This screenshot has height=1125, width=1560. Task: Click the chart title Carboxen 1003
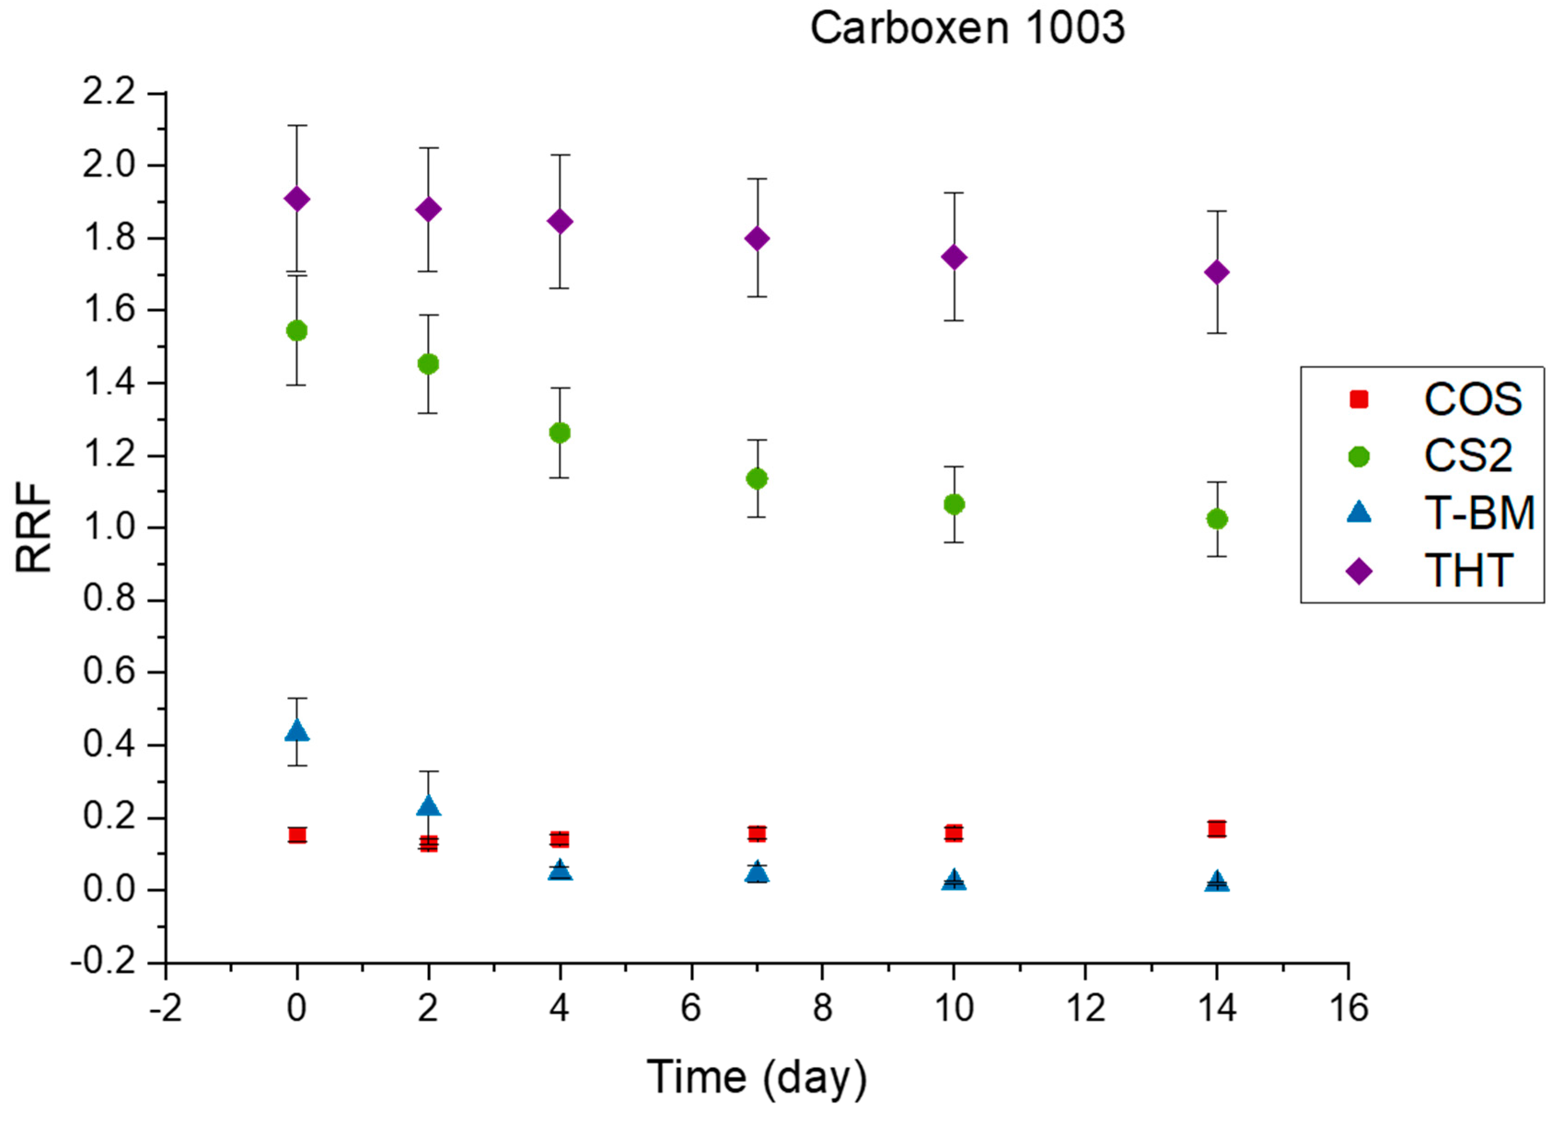pos(967,29)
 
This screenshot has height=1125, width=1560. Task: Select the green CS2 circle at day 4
pos(560,433)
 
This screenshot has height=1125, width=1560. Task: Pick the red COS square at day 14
pos(1217,829)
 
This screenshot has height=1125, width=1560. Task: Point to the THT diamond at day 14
pos(1217,273)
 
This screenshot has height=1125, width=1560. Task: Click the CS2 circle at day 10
pos(953,505)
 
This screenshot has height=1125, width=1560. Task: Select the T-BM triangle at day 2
pos(428,806)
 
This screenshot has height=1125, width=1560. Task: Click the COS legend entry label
pos(1473,399)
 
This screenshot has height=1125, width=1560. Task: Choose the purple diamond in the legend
pos(1358,571)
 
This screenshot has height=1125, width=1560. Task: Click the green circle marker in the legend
pos(1358,457)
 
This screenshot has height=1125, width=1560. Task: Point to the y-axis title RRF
pos(35,528)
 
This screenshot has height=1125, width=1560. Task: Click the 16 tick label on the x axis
pos(1348,1009)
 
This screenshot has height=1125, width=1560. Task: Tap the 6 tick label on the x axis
pos(691,1009)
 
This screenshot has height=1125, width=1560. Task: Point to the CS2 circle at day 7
pos(757,478)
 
